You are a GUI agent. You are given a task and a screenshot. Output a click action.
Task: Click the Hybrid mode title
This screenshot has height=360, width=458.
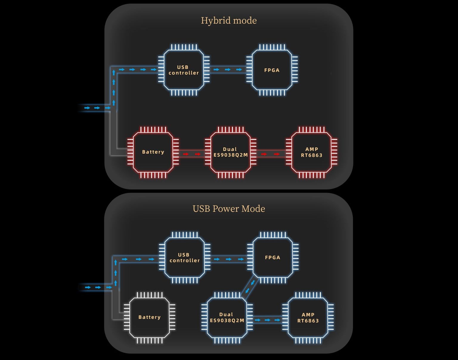(229, 21)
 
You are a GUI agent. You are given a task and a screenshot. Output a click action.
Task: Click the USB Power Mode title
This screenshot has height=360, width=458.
(229, 208)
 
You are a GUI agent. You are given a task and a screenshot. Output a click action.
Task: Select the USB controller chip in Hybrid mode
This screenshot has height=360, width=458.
(184, 70)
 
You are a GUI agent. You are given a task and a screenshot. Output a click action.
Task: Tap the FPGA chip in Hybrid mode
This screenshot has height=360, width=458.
(272, 70)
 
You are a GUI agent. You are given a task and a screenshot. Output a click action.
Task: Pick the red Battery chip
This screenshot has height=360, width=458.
(153, 152)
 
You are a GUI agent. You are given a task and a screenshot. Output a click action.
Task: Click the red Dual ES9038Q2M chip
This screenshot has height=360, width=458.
(230, 152)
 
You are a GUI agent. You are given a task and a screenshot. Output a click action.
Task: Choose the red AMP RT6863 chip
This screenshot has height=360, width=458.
(312, 152)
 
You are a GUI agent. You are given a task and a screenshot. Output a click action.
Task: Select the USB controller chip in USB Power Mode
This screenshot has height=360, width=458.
(185, 258)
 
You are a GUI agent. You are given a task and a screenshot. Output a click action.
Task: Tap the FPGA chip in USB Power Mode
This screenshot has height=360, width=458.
(273, 257)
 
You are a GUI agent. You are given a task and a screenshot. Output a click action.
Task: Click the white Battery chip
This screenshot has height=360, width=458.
(149, 317)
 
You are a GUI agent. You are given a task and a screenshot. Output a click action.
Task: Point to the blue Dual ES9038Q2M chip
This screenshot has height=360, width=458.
(227, 318)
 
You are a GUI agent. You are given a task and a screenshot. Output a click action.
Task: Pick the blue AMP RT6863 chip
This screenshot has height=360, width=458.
(308, 318)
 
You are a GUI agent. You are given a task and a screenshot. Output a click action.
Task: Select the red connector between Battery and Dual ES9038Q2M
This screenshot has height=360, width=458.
(192, 154)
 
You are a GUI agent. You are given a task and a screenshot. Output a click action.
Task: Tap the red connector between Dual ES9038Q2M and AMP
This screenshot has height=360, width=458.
(270, 154)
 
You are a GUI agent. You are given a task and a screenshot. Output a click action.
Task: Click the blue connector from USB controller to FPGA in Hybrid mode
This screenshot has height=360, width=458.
(228, 69)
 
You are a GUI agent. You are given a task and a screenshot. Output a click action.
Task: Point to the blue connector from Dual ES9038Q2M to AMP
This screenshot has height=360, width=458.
(267, 320)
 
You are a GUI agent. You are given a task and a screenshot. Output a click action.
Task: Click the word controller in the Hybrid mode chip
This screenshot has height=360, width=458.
(184, 73)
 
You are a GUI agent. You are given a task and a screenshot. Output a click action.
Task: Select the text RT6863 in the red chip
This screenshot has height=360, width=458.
(312, 155)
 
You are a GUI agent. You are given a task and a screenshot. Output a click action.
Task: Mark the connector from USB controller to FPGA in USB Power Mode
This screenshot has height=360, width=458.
(229, 259)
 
